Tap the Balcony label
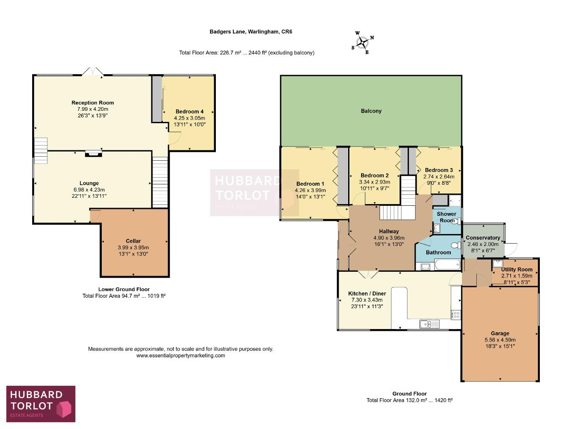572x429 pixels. click(371, 111)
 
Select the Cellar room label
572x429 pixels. click(133, 241)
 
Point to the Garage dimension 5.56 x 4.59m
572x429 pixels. click(500, 340)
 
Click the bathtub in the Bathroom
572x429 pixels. click(447, 265)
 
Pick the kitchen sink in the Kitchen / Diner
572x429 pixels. click(429, 324)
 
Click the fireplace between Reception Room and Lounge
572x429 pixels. click(93, 153)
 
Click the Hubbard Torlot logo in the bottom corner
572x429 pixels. click(41, 404)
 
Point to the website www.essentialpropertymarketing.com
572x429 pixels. click(181, 356)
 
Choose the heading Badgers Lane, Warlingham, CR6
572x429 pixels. click(251, 32)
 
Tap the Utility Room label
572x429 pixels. click(517, 270)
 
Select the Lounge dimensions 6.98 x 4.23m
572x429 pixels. click(89, 190)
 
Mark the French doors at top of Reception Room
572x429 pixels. click(93, 71)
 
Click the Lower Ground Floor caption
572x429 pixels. click(124, 289)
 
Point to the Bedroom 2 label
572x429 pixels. click(374, 175)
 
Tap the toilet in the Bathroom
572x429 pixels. click(456, 245)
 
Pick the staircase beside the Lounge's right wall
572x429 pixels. click(160, 182)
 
